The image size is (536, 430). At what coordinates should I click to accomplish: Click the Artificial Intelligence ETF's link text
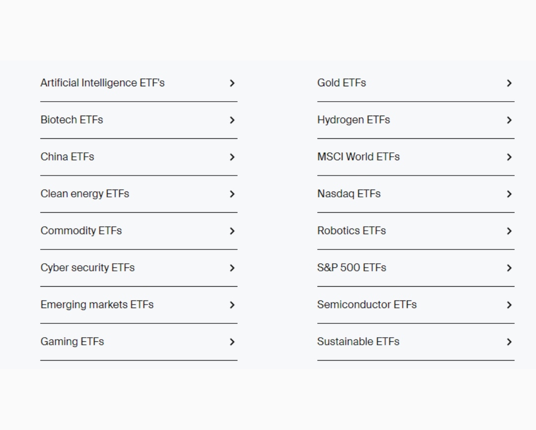[x=103, y=83]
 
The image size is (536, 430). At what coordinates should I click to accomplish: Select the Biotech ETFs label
[x=72, y=120]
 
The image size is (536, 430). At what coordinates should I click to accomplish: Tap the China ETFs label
[x=67, y=157]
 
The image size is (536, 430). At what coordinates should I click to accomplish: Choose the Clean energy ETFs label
[x=85, y=194]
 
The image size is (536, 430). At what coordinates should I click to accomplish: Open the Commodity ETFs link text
[x=81, y=231]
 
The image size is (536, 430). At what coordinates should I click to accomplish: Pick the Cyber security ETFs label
[x=87, y=268]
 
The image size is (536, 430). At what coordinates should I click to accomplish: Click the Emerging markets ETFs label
[x=97, y=305]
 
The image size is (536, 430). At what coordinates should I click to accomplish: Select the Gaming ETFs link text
[x=72, y=342]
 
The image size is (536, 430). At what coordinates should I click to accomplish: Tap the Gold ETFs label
[x=341, y=83]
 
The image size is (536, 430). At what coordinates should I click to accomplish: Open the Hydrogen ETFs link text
[x=353, y=120]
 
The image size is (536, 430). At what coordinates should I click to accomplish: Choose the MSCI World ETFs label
[x=358, y=157]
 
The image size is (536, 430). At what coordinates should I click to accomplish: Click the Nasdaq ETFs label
[x=349, y=194]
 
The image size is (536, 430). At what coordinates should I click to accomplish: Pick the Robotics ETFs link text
[x=351, y=231]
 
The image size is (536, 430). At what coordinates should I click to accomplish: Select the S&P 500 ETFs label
[x=352, y=268]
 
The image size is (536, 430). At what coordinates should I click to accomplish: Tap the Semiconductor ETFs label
[x=367, y=305]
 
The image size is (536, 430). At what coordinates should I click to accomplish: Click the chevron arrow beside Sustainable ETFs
[x=509, y=342]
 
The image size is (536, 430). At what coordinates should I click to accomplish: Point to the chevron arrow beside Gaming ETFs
[x=232, y=342]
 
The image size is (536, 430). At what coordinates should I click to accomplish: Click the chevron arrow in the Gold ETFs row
[x=509, y=83]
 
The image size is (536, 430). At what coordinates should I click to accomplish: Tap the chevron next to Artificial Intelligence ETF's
[x=232, y=83]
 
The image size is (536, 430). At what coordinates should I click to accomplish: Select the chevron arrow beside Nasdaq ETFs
[x=509, y=194]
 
